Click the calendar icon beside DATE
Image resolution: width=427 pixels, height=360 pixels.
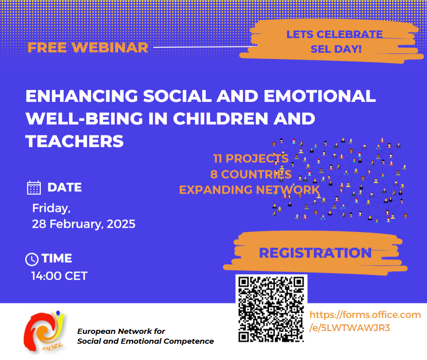pos(34,188)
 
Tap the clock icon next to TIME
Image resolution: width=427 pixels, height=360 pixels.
pos(32,259)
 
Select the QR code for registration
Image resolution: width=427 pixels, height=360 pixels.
pos(271,309)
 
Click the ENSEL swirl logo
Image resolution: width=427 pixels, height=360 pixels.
pos(44,331)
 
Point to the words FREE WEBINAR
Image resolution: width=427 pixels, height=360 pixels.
pos(88,48)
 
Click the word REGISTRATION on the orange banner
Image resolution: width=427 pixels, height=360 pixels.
pos(315,253)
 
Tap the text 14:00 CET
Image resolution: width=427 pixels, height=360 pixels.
pos(59,276)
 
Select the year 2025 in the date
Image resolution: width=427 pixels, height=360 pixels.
pos(121,224)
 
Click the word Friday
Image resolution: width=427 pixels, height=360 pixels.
pos(51,208)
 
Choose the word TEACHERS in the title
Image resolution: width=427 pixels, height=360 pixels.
pos(75,141)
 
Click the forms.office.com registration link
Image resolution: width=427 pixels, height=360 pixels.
pos(365,321)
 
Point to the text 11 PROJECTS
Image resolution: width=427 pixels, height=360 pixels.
pos(251,158)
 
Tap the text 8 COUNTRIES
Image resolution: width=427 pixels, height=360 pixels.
pos(251,174)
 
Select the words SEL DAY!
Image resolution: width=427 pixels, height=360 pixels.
pos(336,49)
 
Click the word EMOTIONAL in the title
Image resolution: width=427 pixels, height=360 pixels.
pos(320,96)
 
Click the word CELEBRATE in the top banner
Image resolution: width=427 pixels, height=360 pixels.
pos(350,35)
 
